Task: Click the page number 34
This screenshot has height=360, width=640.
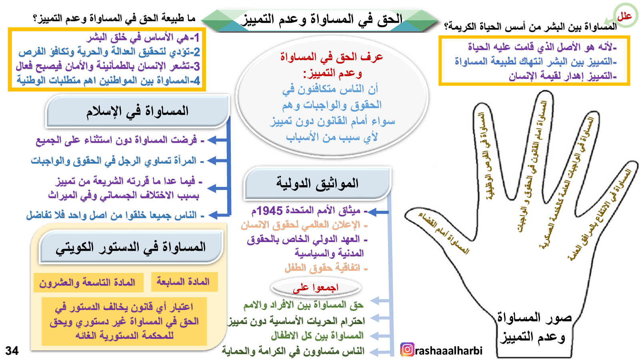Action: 12,350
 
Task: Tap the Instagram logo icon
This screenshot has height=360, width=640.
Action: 407,350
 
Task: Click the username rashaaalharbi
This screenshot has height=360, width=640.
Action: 448,350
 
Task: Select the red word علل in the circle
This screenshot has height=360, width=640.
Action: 624,16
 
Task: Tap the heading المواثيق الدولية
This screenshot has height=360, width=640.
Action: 317,183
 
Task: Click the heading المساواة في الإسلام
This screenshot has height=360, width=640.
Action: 138,111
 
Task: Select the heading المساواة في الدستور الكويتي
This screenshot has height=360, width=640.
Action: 130,247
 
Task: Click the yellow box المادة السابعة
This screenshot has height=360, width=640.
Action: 184,282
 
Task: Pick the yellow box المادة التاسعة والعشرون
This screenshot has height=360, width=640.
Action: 88,282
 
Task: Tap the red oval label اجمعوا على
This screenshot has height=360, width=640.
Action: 316,288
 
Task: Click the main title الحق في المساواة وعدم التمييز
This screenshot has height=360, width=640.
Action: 322,20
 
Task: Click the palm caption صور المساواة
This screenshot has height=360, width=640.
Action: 534,318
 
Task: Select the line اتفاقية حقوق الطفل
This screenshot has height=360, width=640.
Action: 326,268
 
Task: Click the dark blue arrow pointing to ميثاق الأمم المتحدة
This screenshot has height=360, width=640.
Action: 378,212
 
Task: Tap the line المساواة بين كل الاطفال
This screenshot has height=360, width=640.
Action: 317,336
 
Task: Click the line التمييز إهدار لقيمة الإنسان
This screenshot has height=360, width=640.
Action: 562,76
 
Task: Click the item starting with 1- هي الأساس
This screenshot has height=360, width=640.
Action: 142,38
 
